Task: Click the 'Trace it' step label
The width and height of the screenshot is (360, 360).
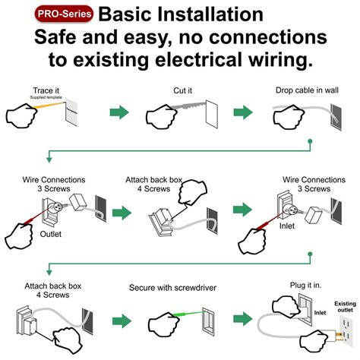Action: click(x=46, y=90)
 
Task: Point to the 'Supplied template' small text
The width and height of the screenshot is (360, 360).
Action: click(x=47, y=98)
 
